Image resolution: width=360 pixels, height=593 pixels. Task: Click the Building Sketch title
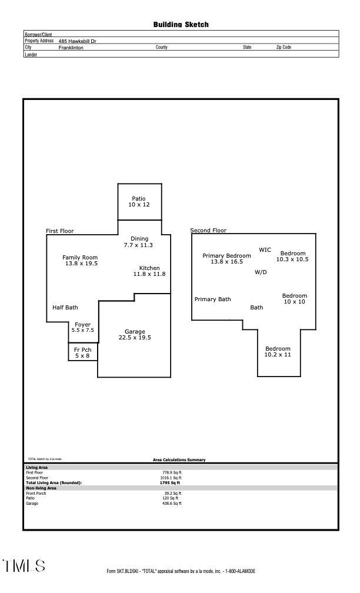click(x=181, y=25)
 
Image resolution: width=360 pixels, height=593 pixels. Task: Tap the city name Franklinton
click(x=71, y=47)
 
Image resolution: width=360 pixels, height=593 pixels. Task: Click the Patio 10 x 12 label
click(x=139, y=202)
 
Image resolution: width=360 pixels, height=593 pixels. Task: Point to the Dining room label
click(x=139, y=242)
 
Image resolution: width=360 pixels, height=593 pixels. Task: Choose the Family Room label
click(x=81, y=261)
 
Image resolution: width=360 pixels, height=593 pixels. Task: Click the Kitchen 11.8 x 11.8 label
click(x=149, y=271)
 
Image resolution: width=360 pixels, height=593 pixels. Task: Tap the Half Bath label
click(x=65, y=308)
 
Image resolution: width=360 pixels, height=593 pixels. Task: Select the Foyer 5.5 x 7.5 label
click(x=82, y=328)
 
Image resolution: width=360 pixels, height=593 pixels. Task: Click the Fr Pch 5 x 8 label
click(x=82, y=353)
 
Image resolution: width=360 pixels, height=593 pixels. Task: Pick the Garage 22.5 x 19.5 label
click(x=135, y=335)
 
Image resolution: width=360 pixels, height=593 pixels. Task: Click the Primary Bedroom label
click(x=226, y=259)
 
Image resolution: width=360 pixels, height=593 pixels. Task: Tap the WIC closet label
click(x=265, y=250)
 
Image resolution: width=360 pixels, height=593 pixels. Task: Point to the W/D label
click(x=261, y=272)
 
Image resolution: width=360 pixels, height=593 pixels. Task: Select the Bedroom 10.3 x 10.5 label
click(x=292, y=256)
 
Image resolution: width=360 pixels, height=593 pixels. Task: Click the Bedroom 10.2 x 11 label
click(x=278, y=352)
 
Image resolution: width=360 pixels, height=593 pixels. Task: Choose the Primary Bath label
click(x=213, y=299)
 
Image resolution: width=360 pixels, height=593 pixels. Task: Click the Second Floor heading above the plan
click(x=208, y=231)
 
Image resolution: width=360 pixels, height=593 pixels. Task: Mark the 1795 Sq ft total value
click(x=171, y=483)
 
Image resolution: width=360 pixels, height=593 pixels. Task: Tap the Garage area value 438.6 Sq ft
click(x=172, y=504)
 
